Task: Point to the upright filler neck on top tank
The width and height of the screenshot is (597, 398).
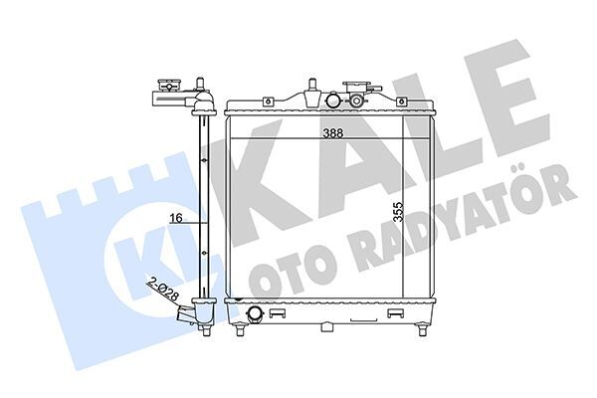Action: [308, 89]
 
